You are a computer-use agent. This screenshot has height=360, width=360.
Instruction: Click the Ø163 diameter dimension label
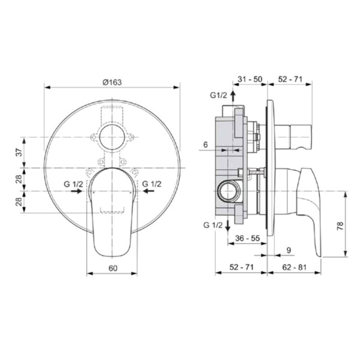point(112,82)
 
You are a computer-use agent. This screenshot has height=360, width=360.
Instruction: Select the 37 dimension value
point(20,152)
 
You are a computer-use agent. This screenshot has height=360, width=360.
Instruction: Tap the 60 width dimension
point(113,268)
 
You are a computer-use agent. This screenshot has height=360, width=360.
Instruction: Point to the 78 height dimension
point(340,226)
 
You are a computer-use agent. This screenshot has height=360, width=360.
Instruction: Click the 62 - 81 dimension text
point(294,267)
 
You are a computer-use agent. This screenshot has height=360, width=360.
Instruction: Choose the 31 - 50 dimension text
point(250,79)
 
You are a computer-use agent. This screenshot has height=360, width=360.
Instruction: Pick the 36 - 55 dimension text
point(247,238)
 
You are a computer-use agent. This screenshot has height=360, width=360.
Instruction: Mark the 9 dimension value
point(289,250)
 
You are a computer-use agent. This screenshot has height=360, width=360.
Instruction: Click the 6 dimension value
point(205,145)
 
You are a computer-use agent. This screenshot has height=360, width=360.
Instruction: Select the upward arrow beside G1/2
point(233,96)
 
